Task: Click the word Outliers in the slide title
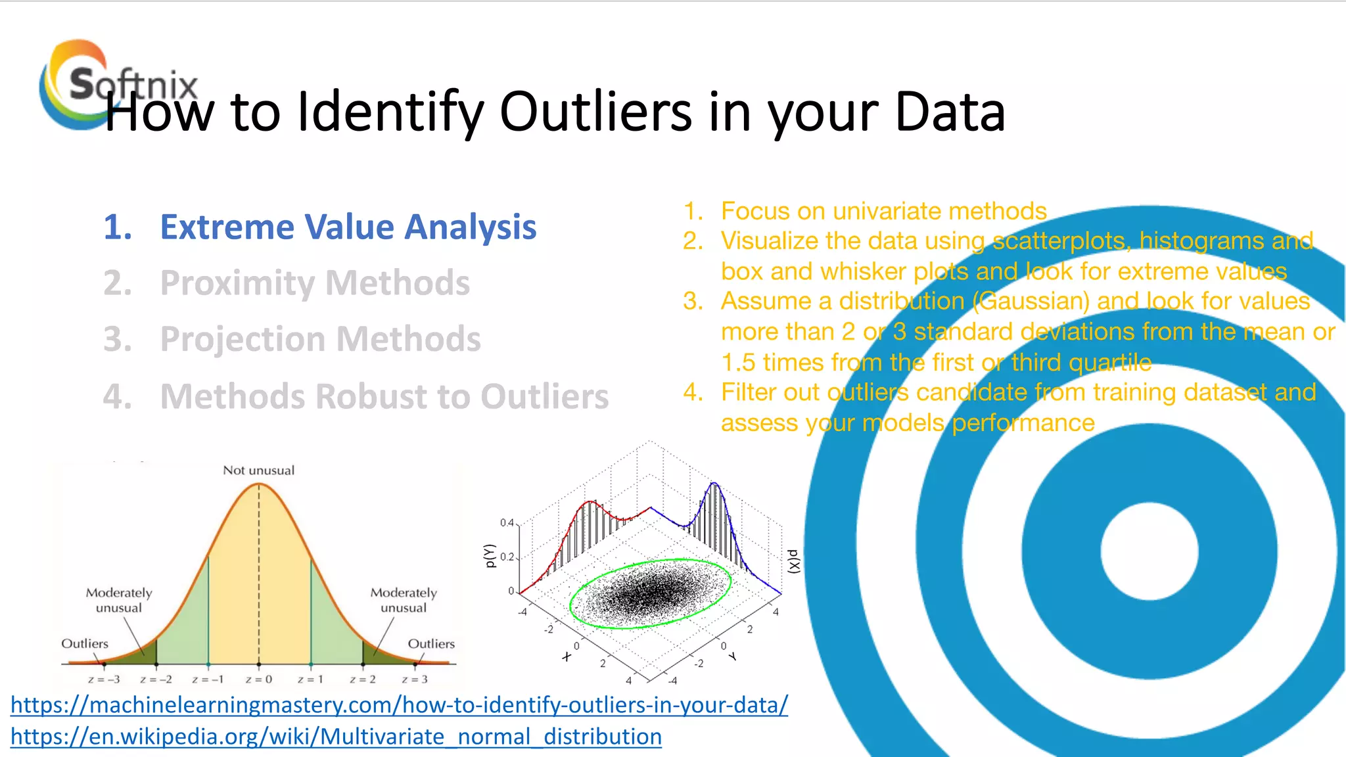[595, 112]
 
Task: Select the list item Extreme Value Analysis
[348, 227]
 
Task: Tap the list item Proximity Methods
[315, 283]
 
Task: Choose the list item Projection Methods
[320, 340]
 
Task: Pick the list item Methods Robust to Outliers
[384, 397]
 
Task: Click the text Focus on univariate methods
[883, 212]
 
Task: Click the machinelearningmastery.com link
[399, 705]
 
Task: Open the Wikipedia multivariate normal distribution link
[336, 737]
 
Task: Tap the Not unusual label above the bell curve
[258, 470]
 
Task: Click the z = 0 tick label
[258, 679]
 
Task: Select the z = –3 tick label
[104, 679]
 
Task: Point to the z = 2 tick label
[362, 679]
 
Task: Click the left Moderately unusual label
[119, 600]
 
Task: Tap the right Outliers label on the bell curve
[431, 644]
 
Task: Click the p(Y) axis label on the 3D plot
[488, 555]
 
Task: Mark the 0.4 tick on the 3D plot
[507, 523]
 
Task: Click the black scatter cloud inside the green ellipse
[647, 593]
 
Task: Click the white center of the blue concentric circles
[1149, 551]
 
